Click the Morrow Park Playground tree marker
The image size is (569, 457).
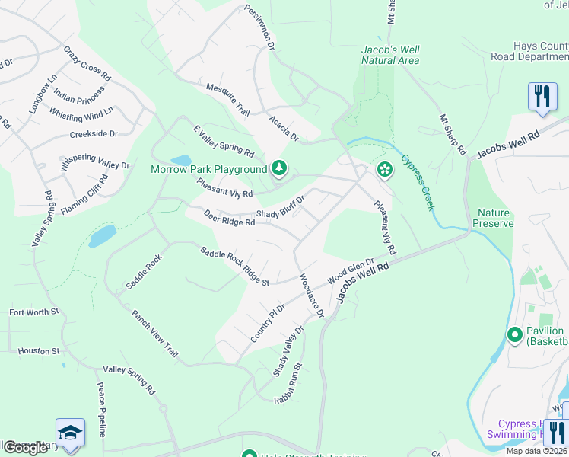[279, 168]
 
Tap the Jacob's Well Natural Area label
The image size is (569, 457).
[390, 55]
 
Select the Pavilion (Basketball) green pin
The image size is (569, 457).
[514, 334]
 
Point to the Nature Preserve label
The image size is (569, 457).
[495, 218]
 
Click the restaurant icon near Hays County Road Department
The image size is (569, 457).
[542, 97]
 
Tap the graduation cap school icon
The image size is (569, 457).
[70, 432]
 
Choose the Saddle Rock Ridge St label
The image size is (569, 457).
[235, 266]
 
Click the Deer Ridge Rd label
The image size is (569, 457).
[228, 218]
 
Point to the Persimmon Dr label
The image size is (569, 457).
[259, 28]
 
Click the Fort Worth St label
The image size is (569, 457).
[33, 312]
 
